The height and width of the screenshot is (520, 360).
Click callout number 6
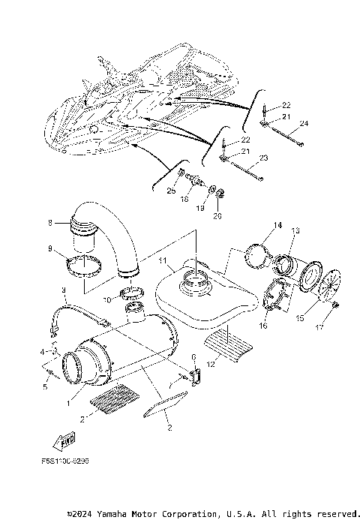pyautogui.click(x=193, y=357)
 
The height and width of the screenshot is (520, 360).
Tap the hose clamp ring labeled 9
pyautogui.click(x=85, y=266)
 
